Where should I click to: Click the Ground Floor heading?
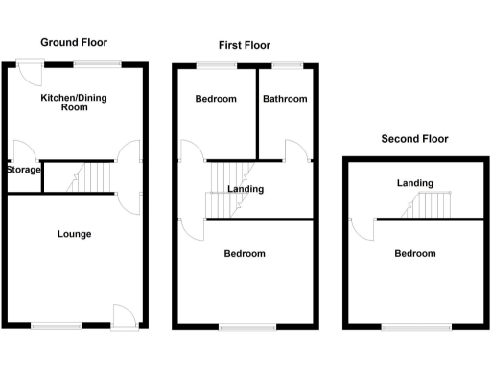[x=73, y=42]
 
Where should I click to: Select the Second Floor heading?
[x=414, y=139]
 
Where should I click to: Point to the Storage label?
[x=23, y=171]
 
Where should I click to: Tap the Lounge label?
[x=74, y=234]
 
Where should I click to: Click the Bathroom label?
[x=285, y=99]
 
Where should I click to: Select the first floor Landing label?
[x=245, y=189]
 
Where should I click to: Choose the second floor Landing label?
[x=415, y=183]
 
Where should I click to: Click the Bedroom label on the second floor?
[x=415, y=254]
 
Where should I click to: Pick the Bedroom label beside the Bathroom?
[x=215, y=99]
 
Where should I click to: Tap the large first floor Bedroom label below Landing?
[x=245, y=254]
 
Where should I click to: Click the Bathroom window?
[x=285, y=64]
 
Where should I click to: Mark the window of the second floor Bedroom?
[x=416, y=328]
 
